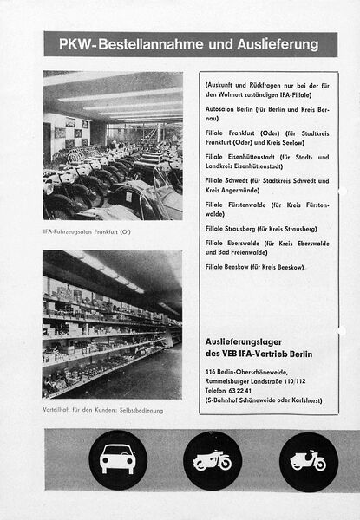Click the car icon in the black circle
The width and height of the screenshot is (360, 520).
[117, 459]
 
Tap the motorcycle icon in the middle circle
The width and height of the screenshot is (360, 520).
[213, 460]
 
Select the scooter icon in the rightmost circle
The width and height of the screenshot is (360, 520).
[308, 460]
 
